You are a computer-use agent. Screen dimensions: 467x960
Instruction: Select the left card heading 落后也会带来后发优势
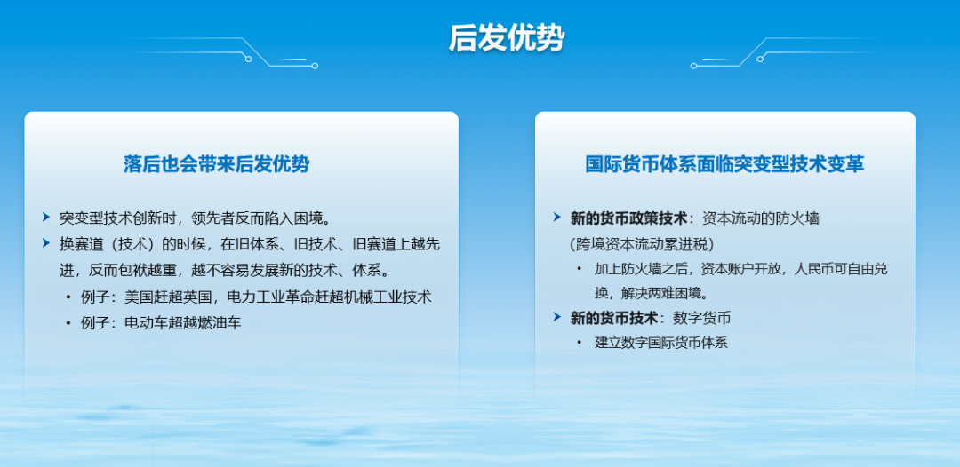217,164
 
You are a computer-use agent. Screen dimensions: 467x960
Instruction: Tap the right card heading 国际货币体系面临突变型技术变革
724,164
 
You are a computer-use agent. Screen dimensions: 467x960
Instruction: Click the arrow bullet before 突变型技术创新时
46,217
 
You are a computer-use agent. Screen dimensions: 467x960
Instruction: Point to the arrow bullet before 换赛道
46,243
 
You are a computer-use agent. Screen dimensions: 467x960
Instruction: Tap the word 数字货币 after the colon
701,317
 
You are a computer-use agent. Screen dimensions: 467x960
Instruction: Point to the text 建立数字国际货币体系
660,342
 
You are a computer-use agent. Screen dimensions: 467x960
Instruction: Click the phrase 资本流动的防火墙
761,218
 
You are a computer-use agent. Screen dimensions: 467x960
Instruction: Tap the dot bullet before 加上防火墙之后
580,269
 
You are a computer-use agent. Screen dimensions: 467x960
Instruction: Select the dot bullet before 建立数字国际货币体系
580,343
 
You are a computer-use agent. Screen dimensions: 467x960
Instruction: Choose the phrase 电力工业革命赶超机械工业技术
329,297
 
